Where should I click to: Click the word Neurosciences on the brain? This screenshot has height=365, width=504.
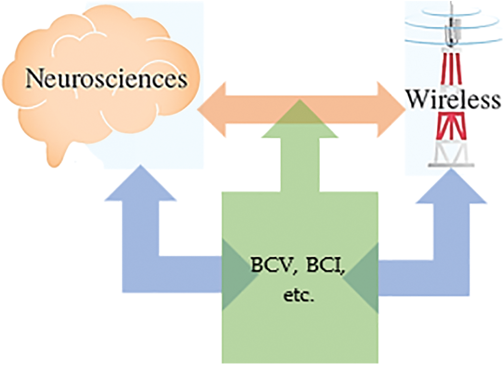(107, 80)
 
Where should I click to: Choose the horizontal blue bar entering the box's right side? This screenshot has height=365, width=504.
(421, 274)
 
